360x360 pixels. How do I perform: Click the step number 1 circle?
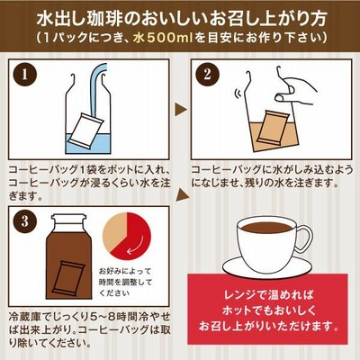point(24,75)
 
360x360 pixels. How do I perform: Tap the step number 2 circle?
point(207,75)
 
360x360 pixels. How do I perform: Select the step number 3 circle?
point(24,221)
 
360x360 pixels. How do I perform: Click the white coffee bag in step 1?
point(86,130)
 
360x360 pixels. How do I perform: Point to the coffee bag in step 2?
point(273,127)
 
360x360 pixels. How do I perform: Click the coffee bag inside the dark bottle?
point(70,278)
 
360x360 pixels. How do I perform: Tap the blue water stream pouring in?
point(97,89)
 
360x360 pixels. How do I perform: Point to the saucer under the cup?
point(266,266)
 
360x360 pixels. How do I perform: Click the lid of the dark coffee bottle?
point(68,220)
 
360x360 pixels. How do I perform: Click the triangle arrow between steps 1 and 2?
point(181,109)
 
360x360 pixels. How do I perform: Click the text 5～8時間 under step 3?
point(112,317)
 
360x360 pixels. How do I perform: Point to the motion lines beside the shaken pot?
point(238,94)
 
